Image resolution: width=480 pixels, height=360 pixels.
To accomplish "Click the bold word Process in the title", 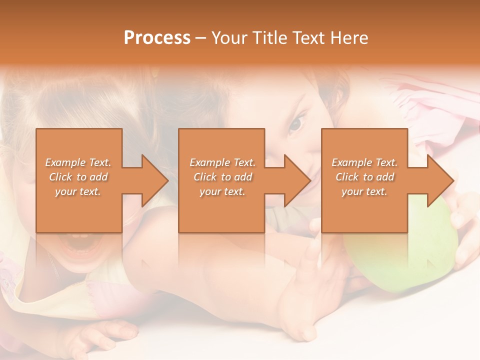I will (x=157, y=38).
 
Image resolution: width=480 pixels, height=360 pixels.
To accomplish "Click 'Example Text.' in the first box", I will (x=78, y=162).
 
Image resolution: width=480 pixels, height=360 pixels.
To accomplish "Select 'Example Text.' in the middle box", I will (x=222, y=162).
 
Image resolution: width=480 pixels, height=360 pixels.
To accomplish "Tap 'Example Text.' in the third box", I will (x=364, y=162).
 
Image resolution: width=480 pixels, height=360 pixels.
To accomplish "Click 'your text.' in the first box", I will (x=78, y=191).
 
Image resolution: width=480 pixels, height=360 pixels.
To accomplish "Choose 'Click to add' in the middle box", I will (x=222, y=177).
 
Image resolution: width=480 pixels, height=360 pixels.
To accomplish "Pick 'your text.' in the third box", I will (x=364, y=191).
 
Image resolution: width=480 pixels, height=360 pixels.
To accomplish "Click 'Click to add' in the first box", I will (x=78, y=177).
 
